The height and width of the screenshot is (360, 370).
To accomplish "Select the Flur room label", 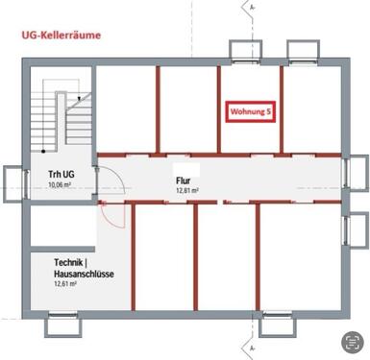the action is pos(184,180).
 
